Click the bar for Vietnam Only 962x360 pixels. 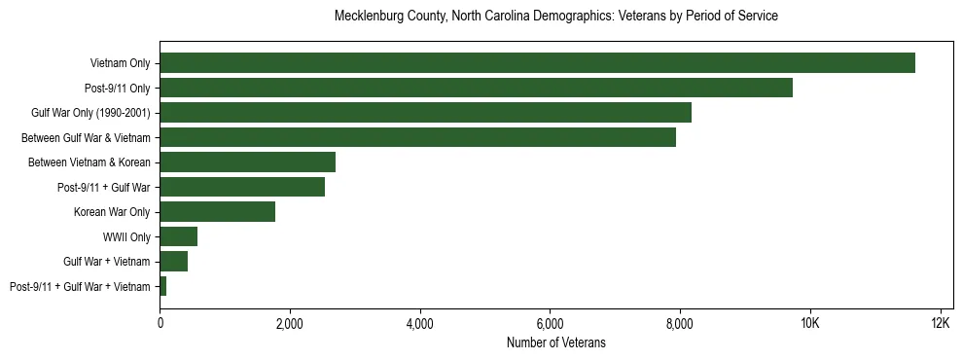pyautogui.click(x=537, y=63)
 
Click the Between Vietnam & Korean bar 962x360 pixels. pyautogui.click(x=247, y=162)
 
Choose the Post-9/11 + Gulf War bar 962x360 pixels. pyautogui.click(x=242, y=187)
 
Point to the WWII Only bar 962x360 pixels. pyautogui.click(x=178, y=236)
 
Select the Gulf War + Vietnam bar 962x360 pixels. pyautogui.click(x=173, y=262)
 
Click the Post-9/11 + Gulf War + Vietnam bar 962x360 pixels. pyautogui.click(x=163, y=286)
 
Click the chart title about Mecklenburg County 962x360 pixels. pyautogui.click(x=555, y=17)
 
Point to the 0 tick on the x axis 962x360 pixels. pyautogui.click(x=160, y=323)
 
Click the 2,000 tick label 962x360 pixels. pyautogui.click(x=290, y=323)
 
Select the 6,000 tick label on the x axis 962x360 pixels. pyautogui.click(x=550, y=323)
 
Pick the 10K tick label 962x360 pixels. pyautogui.click(x=809, y=323)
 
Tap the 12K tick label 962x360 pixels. pyautogui.click(x=940, y=323)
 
